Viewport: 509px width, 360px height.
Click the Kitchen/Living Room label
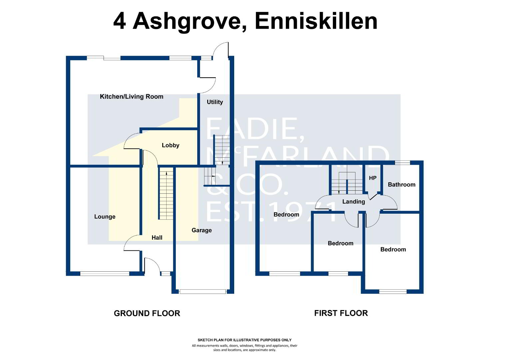(132, 97)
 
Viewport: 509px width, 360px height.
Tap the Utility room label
(215, 102)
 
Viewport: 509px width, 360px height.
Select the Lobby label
(171, 145)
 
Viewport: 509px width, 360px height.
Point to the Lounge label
(105, 217)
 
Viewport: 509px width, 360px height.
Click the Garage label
(202, 230)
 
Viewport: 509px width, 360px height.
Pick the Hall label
(157, 238)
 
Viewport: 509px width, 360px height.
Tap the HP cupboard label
(373, 178)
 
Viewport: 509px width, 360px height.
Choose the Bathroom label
(401, 185)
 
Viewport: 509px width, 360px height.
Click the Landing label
(353, 202)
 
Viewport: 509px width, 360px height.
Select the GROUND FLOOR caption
(147, 313)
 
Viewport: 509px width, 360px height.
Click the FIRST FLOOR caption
(341, 313)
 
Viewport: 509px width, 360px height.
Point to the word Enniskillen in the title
(316, 21)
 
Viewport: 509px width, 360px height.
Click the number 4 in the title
(120, 22)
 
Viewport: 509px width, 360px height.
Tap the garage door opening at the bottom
(203, 292)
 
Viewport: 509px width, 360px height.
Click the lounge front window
(105, 274)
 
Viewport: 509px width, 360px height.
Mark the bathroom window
(402, 163)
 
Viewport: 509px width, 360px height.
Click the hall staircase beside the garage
(166, 194)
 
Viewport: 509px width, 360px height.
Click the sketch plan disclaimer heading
(245, 340)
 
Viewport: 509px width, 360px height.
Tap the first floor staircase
(347, 183)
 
